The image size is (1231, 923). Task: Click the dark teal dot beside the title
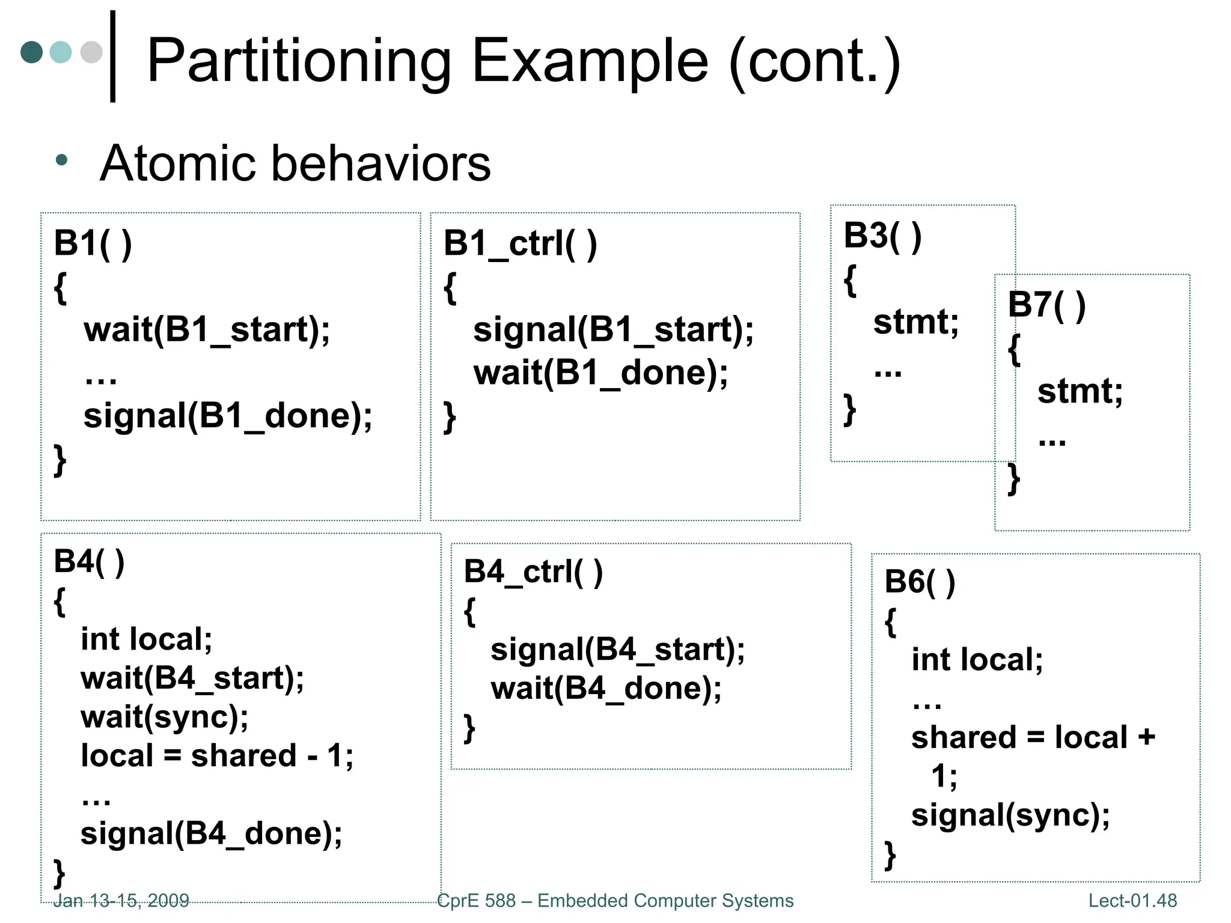(31, 52)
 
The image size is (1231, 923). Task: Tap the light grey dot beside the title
(91, 52)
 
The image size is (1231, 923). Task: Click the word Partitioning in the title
(299, 61)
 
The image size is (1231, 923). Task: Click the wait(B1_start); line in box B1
(207, 330)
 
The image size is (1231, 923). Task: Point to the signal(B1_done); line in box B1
(228, 416)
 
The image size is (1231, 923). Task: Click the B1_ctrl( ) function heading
(520, 244)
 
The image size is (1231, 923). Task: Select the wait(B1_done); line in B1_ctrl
(600, 373)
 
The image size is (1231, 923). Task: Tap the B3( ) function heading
(882, 236)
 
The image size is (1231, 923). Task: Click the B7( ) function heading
(1046, 305)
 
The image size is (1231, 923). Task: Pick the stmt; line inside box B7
(1080, 391)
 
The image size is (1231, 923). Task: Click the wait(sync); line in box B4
(164, 717)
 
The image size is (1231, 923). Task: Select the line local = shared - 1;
(217, 756)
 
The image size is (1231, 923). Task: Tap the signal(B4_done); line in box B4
(211, 834)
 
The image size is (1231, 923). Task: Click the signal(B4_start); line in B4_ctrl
(617, 650)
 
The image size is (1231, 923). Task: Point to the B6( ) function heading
(919, 582)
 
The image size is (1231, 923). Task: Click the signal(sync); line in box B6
(1010, 815)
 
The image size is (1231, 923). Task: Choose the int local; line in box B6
(977, 660)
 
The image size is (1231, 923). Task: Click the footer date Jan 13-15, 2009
(121, 900)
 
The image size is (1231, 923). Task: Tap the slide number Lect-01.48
(1132, 900)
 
